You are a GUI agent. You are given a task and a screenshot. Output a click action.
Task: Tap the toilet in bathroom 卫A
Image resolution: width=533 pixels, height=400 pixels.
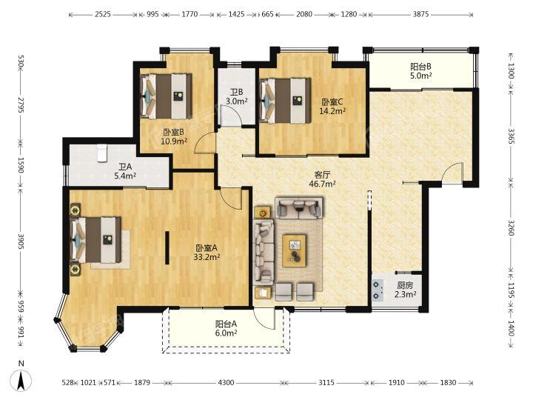tap(102, 153)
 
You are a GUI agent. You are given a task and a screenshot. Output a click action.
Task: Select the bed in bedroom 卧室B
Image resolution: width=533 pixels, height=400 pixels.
tap(167, 96)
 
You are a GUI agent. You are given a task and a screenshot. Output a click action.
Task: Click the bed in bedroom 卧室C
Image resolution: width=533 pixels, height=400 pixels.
tap(285, 101)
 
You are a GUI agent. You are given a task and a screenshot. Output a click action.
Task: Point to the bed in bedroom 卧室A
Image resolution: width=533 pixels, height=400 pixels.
tap(95, 239)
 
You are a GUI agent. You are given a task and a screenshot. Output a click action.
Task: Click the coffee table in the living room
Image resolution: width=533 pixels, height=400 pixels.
tap(295, 250)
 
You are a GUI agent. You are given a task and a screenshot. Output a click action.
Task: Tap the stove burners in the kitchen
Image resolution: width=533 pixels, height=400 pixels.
tap(376, 290)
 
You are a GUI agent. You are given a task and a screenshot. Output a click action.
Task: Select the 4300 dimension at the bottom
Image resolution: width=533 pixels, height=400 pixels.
tap(226, 383)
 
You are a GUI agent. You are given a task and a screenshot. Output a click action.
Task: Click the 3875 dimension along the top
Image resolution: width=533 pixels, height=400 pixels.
tap(420, 14)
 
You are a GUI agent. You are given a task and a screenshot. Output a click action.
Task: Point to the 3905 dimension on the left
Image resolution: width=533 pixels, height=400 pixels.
tap(21, 241)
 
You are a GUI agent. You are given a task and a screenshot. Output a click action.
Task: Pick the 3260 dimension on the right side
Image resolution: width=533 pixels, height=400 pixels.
tap(512, 227)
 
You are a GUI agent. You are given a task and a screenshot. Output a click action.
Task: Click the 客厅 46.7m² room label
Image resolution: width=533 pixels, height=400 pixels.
tap(322, 179)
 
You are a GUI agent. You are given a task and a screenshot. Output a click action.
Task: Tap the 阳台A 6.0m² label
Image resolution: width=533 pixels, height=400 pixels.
tap(226, 329)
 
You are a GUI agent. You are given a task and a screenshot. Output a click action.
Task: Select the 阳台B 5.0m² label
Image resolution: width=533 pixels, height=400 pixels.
tap(420, 71)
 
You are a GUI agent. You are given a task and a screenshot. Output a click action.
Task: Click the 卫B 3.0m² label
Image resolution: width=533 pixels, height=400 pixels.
tap(236, 96)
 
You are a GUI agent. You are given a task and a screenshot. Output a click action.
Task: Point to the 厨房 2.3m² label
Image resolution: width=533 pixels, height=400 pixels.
tap(405, 290)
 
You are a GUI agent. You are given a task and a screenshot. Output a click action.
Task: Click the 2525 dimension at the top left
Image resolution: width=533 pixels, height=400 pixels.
tap(103, 14)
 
